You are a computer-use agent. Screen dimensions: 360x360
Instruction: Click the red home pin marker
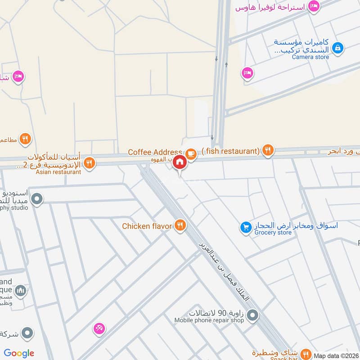tap(180, 162)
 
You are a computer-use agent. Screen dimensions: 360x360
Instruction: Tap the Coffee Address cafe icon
tap(191, 153)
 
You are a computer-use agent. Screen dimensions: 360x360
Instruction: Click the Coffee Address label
tap(155, 152)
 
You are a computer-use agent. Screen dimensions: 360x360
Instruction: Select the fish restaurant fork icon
tap(268, 151)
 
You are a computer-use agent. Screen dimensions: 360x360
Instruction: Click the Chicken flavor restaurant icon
tap(180, 225)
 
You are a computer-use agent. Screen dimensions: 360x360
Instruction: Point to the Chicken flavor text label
tap(147, 225)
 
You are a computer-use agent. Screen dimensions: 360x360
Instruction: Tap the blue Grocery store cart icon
tap(245, 228)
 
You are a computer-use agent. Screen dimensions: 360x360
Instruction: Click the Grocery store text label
tap(273, 233)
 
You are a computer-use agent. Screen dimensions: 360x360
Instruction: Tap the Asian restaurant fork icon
tap(90, 163)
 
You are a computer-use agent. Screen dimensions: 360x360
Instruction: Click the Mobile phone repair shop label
tap(209, 320)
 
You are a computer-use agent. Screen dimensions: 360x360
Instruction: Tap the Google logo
tap(19, 353)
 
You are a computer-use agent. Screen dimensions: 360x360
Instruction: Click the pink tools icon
tap(99, 328)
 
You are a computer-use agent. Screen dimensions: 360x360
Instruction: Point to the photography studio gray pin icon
tap(37, 198)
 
